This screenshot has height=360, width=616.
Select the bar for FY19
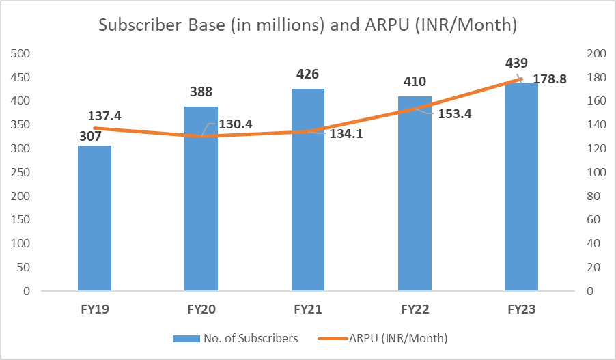pos(94,219)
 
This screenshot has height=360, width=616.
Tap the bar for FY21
pos(308,191)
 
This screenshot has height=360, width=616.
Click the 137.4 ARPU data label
pos(104,116)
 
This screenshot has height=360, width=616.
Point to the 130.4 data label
pos(235,125)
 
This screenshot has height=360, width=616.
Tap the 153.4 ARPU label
pos(453,114)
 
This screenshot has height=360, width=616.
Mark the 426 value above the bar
pos(308,74)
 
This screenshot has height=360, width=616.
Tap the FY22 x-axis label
pos(415,309)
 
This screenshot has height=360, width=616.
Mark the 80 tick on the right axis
pos(593,196)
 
